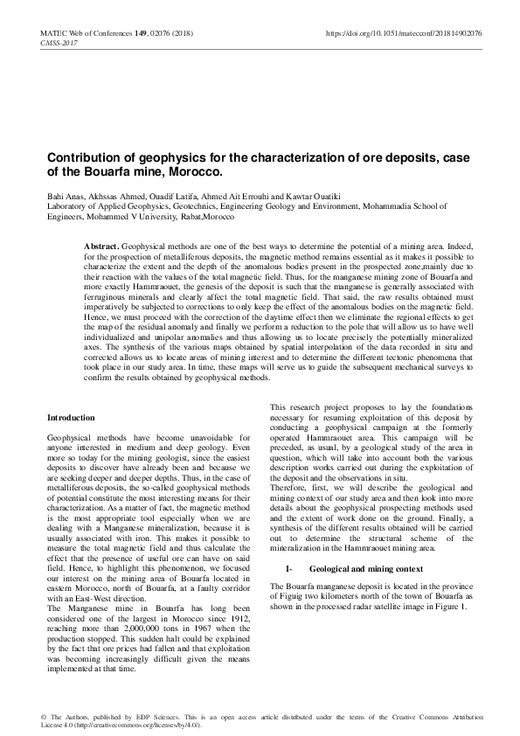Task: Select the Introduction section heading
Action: pos(71,419)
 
